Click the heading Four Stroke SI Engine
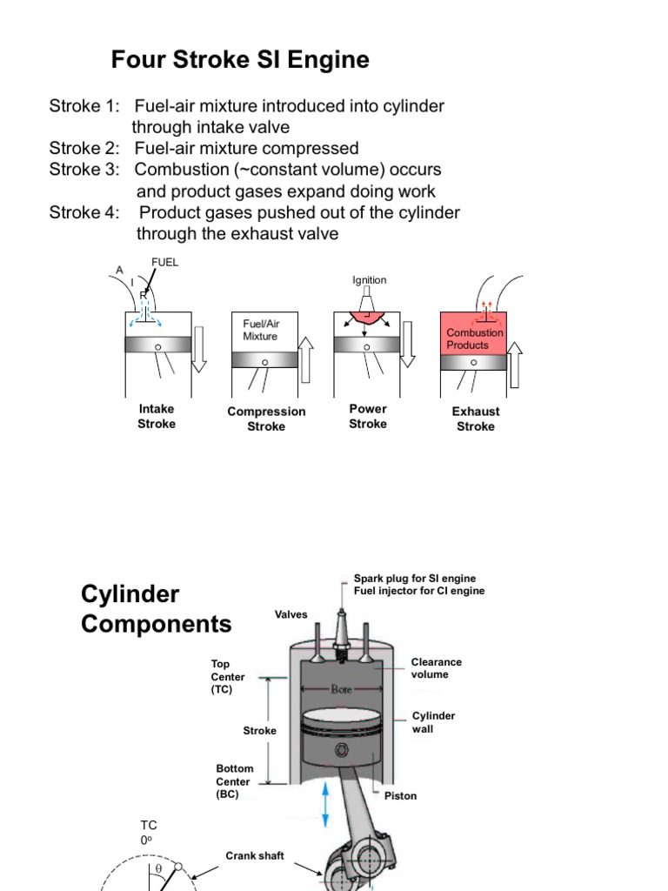[x=240, y=60]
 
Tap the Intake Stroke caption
[x=157, y=417]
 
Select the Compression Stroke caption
[x=266, y=419]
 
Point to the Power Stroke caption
[x=368, y=417]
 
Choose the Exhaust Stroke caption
[x=476, y=419]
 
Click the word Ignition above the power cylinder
[x=369, y=280]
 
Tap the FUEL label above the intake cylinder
[x=164, y=262]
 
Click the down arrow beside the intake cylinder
[x=199, y=348]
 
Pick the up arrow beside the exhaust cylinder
[x=515, y=365]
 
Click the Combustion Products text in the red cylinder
[x=475, y=338]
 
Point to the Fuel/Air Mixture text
[x=261, y=330]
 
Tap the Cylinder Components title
[x=156, y=609]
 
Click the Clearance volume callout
[x=436, y=668]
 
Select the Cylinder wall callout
[x=433, y=722]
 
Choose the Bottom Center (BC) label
[x=235, y=781]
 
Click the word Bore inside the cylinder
[x=341, y=687]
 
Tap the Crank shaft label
[x=255, y=856]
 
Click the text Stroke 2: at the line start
[x=84, y=148]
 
